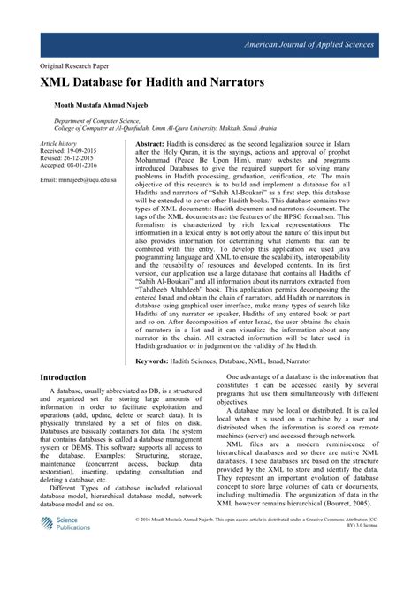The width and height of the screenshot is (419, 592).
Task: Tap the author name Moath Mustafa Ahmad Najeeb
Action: [108, 103]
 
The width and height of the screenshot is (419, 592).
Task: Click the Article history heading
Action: [60, 142]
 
